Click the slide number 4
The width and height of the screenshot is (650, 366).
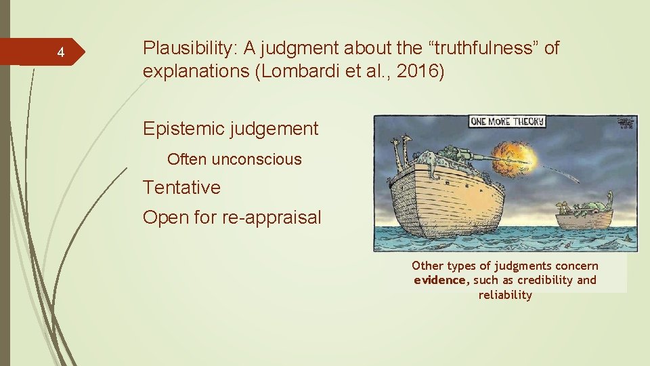coord(60,53)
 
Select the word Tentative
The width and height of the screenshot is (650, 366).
coord(181,187)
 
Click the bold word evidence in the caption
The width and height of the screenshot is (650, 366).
coord(440,280)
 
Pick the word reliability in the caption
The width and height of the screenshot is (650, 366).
coord(505,295)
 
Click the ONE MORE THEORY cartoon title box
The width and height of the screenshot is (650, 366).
coord(507,122)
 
